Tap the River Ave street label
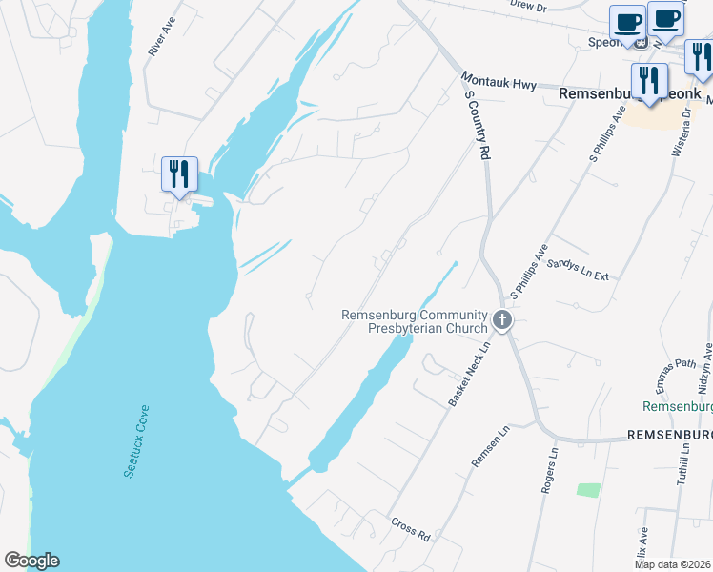coord(161,35)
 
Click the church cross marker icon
coord(502,321)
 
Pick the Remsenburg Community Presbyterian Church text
coord(415,321)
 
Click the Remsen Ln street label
coord(491,446)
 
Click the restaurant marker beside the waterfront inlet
coord(179,175)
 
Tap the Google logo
coord(31,561)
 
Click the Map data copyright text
coord(672,564)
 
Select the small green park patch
coord(588,489)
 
